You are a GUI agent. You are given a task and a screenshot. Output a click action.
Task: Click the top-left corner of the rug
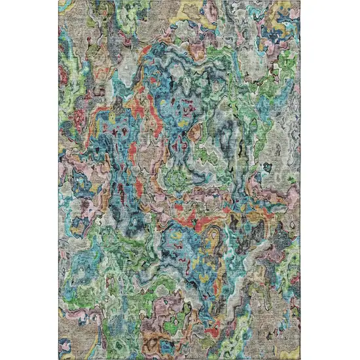[x=61, y=2]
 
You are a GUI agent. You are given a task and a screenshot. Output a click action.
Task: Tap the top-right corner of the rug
[x=300, y=2]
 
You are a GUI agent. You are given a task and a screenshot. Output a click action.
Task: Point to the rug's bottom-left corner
[x=61, y=358]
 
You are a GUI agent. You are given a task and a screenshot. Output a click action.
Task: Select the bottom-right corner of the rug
[x=300, y=358]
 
